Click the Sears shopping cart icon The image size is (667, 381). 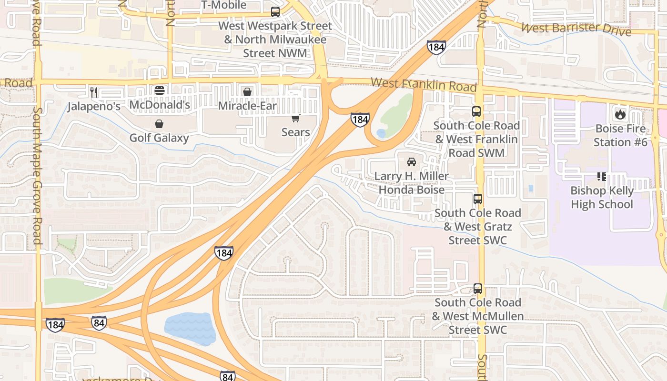coord(296,118)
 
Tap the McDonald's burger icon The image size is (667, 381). coord(159,90)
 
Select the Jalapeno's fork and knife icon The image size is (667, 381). coord(94,92)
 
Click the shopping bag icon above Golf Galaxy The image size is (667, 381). coord(159,124)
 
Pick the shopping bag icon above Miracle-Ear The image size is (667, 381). coord(247,92)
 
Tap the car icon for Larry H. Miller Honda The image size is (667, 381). coord(412,162)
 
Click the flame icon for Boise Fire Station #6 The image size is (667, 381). coord(620,114)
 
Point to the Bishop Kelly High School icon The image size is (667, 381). coord(602,177)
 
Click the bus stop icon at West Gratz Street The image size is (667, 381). coord(477,199)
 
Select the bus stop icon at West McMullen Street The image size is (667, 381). coord(477,289)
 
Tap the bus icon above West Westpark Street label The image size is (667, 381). coord(275,12)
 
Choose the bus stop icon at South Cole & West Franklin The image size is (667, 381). coord(476,111)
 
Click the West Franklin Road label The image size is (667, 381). coord(423,85)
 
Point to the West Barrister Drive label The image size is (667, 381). coord(576,29)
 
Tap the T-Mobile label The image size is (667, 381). coord(224,5)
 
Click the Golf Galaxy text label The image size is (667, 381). coord(159,138)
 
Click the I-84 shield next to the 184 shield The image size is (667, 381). coord(99,323)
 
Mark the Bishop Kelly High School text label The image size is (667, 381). coord(602,198)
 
